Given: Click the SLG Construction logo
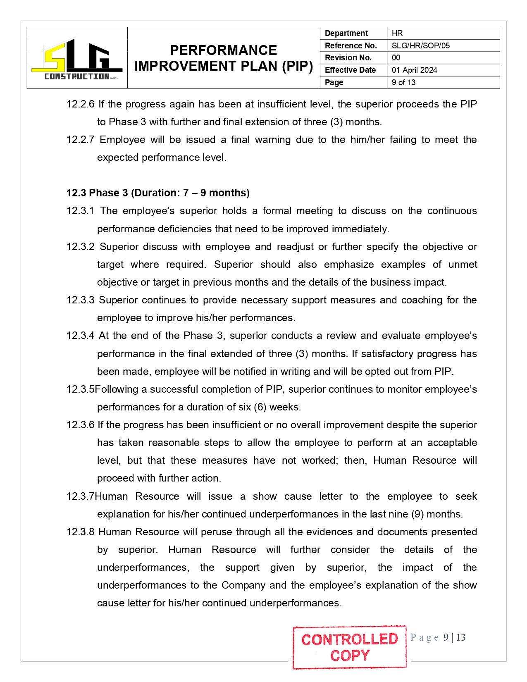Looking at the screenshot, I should click(77, 58).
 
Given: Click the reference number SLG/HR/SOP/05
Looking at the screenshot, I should click(420, 45).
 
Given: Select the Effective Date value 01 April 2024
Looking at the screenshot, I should click(414, 70).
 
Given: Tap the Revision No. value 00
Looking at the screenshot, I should click(396, 57).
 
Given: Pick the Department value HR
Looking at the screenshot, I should click(397, 33).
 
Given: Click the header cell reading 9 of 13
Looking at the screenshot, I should click(403, 82).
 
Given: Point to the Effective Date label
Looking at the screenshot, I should click(350, 70).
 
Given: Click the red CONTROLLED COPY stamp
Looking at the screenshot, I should click(349, 647).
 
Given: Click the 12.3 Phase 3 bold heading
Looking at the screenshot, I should click(158, 193).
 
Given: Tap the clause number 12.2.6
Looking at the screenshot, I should click(80, 104).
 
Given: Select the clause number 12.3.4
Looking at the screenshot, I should click(80, 336).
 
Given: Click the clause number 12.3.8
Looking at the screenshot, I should click(80, 532).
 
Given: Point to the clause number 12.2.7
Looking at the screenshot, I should click(80, 140).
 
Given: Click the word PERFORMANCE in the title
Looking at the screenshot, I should click(223, 50).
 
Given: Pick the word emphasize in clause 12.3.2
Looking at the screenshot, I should click(348, 265).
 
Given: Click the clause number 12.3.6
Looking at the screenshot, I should click(80, 425).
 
